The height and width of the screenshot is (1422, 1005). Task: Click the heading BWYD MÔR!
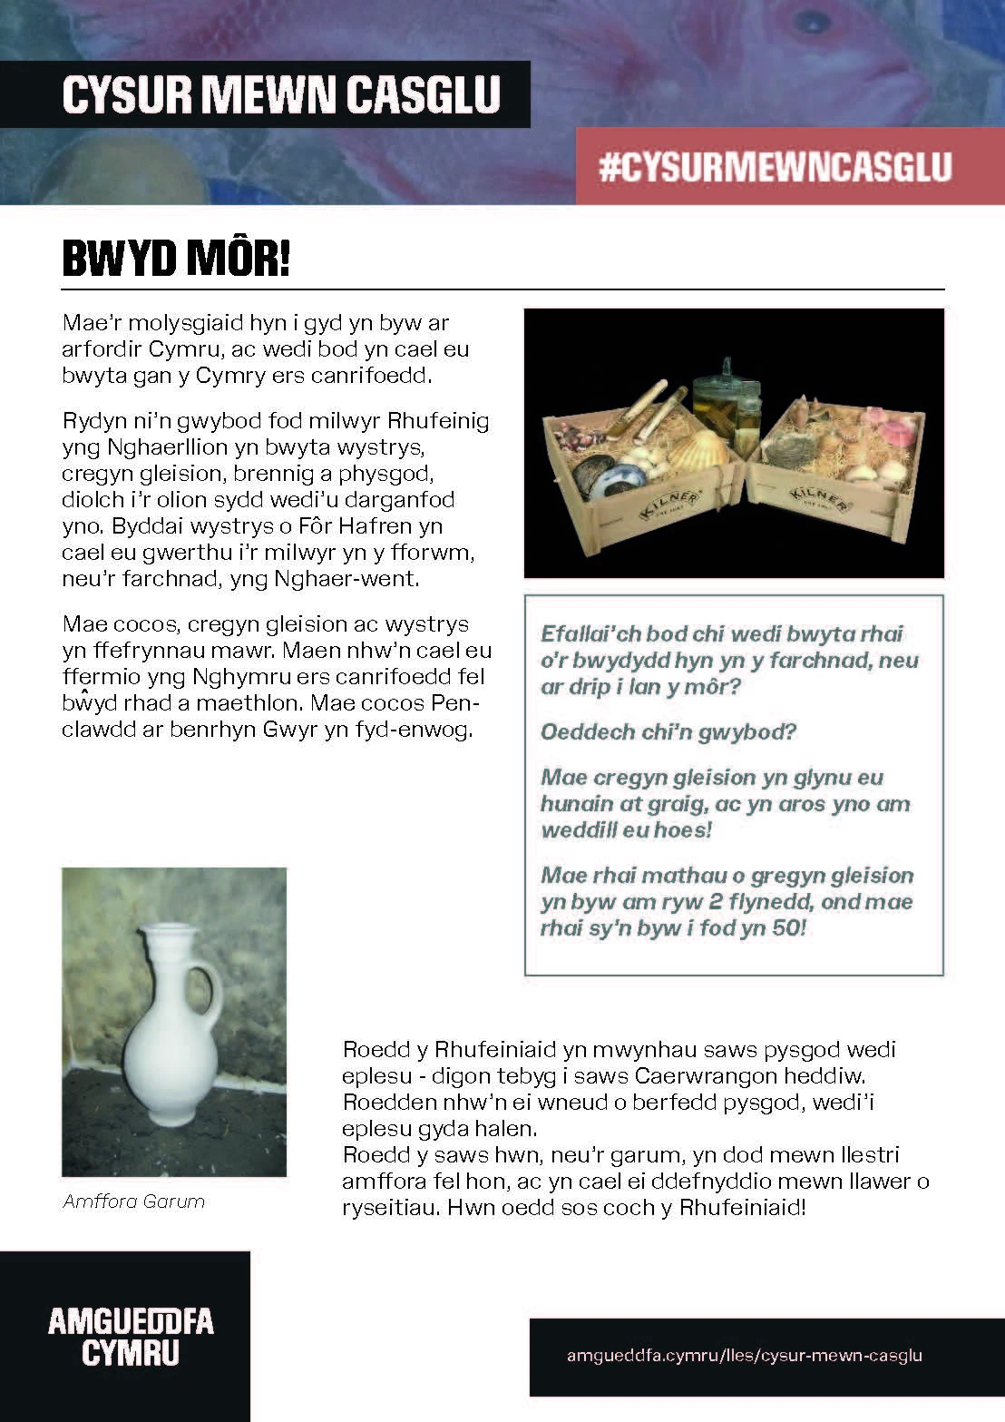click(x=176, y=259)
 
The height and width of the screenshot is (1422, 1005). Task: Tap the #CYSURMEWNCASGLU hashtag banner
click(x=776, y=168)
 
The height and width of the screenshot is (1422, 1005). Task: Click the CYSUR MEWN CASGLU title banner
click(x=281, y=95)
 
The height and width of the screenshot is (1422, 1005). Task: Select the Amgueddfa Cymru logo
click(x=131, y=1336)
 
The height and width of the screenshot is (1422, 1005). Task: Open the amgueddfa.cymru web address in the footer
click(x=744, y=1356)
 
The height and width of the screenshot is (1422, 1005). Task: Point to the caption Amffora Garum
click(x=134, y=1201)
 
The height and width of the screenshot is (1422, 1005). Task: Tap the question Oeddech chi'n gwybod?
click(x=668, y=732)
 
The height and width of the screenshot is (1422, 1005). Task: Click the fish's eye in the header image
click(x=815, y=20)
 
